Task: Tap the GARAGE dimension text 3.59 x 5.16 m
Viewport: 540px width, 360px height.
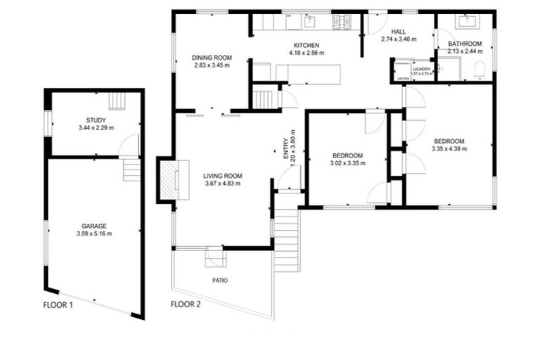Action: coord(96,233)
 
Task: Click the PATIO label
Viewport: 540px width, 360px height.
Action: coord(219,280)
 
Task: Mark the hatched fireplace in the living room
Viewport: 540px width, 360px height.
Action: coord(169,181)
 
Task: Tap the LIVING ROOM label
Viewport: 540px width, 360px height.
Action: coord(223,176)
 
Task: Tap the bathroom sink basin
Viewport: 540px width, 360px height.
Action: coord(466,21)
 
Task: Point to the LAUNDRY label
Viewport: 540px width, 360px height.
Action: coord(421,69)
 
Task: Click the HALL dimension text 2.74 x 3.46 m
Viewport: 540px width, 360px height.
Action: coord(398,39)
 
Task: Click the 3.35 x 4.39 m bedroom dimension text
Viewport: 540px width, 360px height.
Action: coord(449,147)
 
